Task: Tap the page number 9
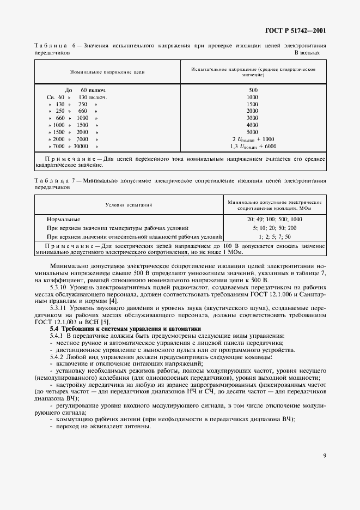pyautogui.click(x=324, y=456)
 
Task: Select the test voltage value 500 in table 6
pyautogui.click(x=253, y=90)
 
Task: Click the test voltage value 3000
pyautogui.click(x=253, y=118)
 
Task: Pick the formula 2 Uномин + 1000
pyautogui.click(x=253, y=139)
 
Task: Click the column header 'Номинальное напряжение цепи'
pyautogui.click(x=107, y=72)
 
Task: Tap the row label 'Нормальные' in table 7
pyautogui.click(x=64, y=220)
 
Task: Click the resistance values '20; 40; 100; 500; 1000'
pyautogui.click(x=274, y=220)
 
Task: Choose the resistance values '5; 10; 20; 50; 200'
pyautogui.click(x=274, y=228)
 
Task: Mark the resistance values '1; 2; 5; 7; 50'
pyautogui.click(x=274, y=237)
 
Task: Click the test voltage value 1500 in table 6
pyautogui.click(x=253, y=104)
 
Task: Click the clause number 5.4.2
pyautogui.click(x=57, y=357)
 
